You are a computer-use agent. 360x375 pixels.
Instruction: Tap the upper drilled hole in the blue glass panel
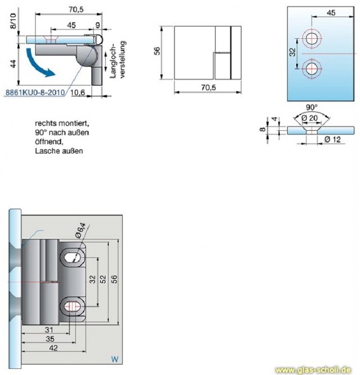pos(310,39)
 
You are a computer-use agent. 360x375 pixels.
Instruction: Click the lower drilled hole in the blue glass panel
pos(310,68)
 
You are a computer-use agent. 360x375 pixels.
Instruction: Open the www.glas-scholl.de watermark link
pos(317,370)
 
